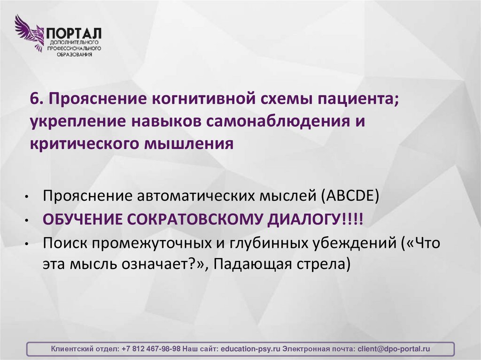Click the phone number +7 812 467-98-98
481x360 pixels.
click(x=151, y=349)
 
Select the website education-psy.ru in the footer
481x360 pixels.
click(x=250, y=349)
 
